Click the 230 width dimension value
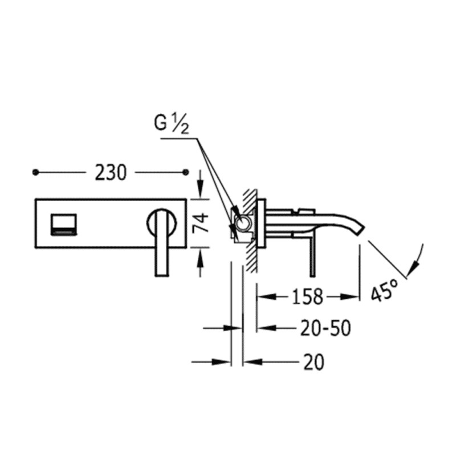111,173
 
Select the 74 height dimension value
201,222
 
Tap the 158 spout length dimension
308,296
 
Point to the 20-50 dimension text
325,328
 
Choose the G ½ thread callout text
172,124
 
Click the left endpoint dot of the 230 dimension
35,173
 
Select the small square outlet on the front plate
64,224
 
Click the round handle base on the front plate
162,223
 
